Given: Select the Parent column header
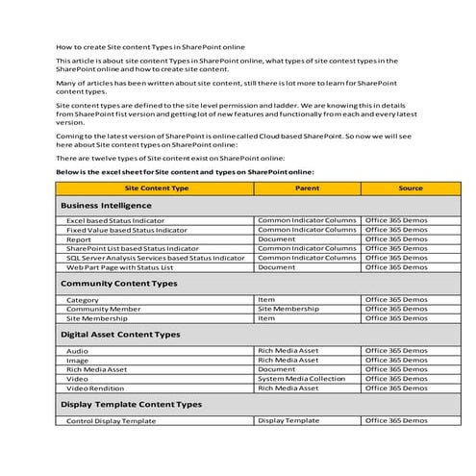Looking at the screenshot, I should (x=307, y=188).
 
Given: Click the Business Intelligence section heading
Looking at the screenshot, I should (x=106, y=206).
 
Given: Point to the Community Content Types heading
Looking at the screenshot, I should (x=118, y=284).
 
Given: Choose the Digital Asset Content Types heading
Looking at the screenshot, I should (x=120, y=335).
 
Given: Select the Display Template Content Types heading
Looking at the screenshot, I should (x=131, y=405).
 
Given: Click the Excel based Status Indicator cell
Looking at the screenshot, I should (x=115, y=221).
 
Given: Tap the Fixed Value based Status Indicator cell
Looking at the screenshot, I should (x=127, y=231).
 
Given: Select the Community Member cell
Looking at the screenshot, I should (x=103, y=309).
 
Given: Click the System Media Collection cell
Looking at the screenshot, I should (x=301, y=378).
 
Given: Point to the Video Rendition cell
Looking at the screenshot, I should (x=97, y=388).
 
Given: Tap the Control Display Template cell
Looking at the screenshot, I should (x=111, y=421).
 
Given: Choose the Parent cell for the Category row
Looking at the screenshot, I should (x=266, y=299).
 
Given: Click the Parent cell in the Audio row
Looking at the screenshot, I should (x=288, y=351).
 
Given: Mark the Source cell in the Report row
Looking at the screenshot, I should (x=396, y=239).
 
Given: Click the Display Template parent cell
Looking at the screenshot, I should (x=288, y=420).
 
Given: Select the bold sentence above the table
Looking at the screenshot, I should (x=186, y=171).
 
